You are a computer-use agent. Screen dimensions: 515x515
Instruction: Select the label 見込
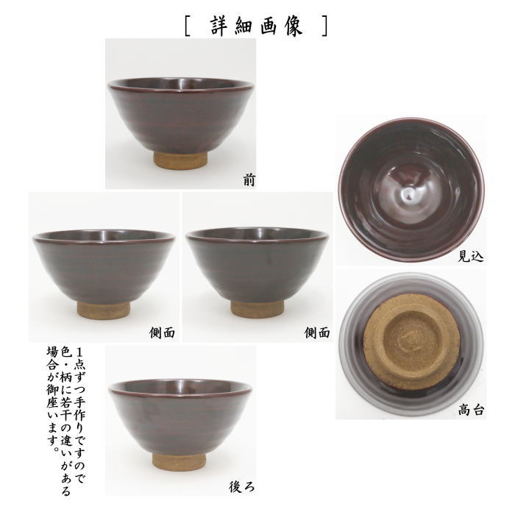(470, 255)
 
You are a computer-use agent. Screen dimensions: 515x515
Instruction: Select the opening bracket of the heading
(190, 24)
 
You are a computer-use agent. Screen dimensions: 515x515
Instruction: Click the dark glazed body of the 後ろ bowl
(180, 416)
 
